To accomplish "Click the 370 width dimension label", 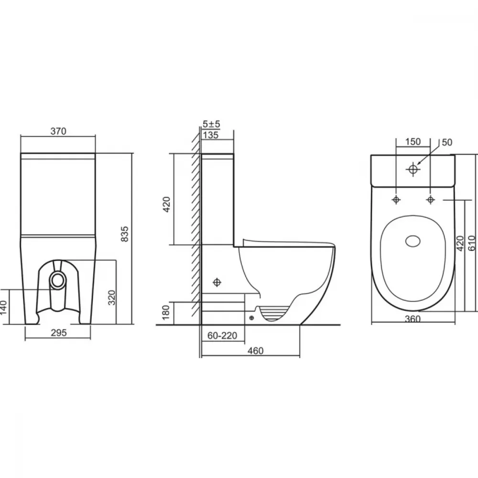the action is click(58, 131).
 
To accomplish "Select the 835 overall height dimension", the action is click(125, 234).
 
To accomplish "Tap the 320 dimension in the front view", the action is click(112, 297).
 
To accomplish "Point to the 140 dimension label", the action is click(3, 308).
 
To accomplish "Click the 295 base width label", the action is click(58, 333).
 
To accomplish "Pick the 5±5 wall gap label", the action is click(211, 124).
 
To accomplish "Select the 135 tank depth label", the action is click(211, 135).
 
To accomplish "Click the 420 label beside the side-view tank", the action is click(166, 204).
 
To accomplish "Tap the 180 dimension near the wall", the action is click(165, 312).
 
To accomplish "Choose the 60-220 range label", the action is click(222, 336).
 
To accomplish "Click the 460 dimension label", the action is click(255, 351).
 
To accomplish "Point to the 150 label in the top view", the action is click(413, 142).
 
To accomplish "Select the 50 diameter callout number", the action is click(447, 142).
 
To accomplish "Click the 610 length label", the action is click(472, 243).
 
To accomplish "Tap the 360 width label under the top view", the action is click(413, 319).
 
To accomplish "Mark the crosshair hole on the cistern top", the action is click(413, 169).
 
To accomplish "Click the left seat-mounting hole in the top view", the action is click(396, 200).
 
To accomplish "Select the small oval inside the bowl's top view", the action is click(413, 241).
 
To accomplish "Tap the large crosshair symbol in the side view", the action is click(217, 282).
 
